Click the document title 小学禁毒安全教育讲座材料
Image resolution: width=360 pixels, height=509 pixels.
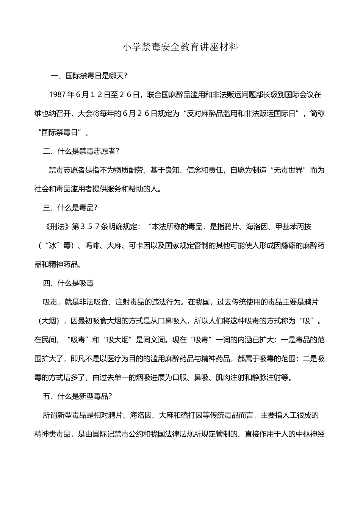coord(180,47)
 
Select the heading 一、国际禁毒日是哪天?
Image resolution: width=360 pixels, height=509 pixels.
coord(89,76)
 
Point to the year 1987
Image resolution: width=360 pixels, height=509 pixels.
coord(57,95)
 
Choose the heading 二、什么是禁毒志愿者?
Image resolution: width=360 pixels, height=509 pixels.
coord(81,151)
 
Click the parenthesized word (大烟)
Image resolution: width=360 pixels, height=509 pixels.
coord(49,321)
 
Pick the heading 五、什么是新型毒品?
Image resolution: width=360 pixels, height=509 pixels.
coord(78,396)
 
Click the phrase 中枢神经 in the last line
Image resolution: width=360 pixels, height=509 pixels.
coord(310,434)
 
